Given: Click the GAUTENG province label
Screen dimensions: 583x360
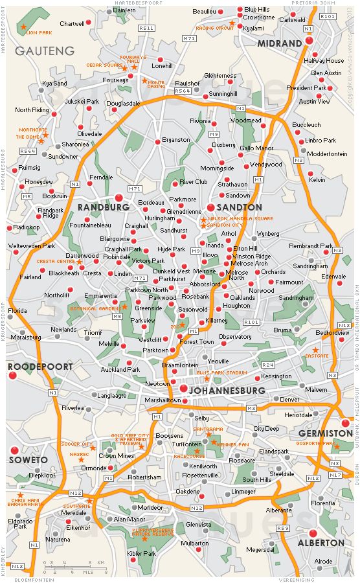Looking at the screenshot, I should (x=44, y=51).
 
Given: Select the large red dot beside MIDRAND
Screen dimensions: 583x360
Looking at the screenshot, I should (x=308, y=41).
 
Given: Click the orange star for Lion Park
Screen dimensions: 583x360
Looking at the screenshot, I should (x=23, y=26).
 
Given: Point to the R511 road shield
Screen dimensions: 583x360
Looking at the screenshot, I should (x=146, y=28).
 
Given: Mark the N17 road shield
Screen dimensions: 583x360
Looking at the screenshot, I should (x=335, y=475).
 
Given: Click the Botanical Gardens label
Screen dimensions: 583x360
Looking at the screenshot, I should (x=96, y=308).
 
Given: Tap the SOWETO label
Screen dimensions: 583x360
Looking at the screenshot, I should (x=28, y=460).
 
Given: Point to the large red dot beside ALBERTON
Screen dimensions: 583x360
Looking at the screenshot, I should (x=313, y=533).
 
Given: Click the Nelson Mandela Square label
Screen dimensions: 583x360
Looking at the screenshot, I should (x=240, y=218).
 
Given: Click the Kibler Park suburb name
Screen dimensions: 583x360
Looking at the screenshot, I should (x=142, y=554).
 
